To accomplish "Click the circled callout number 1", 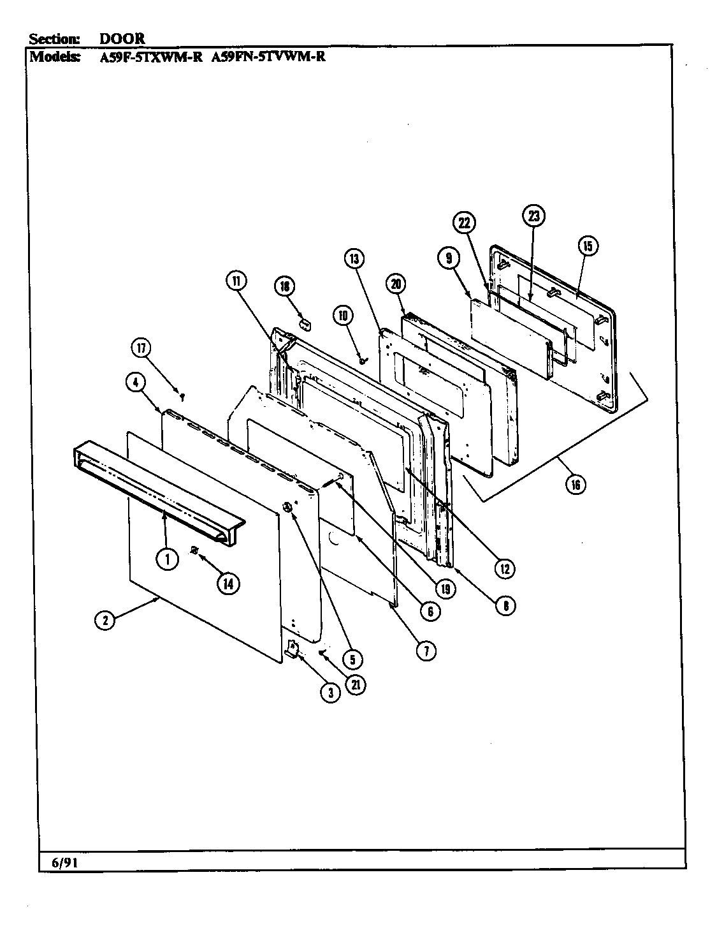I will point(167,559).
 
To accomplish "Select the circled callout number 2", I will point(105,619).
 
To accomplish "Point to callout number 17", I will point(141,349).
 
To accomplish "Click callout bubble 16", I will point(576,484).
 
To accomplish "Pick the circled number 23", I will point(533,216).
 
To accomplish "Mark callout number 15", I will point(587,246).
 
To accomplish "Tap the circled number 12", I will point(505,568).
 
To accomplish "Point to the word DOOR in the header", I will point(122,38).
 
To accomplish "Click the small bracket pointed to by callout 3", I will point(293,650).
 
